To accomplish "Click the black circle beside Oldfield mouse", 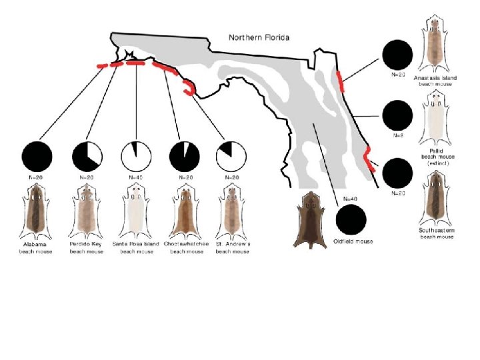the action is click(x=351, y=219).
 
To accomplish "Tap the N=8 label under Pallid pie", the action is click(x=398, y=135).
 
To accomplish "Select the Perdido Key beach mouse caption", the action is click(x=86, y=247).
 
